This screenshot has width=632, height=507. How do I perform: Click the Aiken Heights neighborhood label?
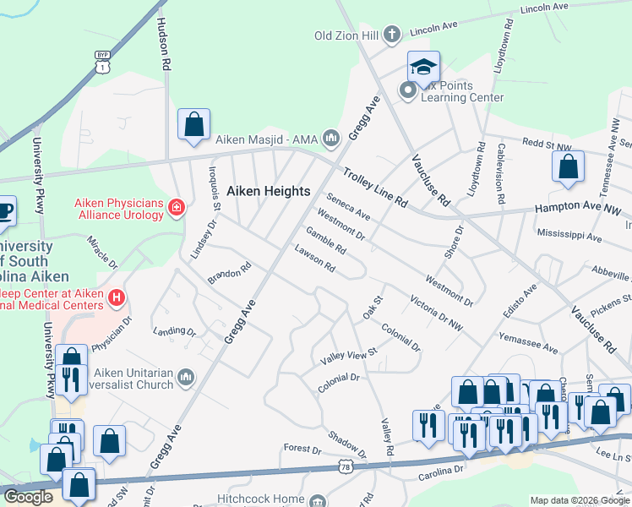[269, 191]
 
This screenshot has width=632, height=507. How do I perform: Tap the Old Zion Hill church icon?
[390, 35]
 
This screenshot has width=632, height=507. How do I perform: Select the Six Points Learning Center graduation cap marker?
[424, 67]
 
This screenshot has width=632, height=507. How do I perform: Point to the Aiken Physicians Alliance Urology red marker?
[177, 208]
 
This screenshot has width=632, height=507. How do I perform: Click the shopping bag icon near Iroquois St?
[194, 124]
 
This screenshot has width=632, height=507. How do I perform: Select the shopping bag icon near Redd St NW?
[568, 166]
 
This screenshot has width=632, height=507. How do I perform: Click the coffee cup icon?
[4, 210]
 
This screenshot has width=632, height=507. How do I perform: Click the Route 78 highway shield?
[345, 466]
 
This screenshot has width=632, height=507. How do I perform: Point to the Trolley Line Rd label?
[375, 188]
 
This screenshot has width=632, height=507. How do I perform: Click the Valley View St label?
[349, 358]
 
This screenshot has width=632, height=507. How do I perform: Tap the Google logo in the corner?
[28, 497]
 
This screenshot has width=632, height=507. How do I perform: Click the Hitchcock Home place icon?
[319, 501]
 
